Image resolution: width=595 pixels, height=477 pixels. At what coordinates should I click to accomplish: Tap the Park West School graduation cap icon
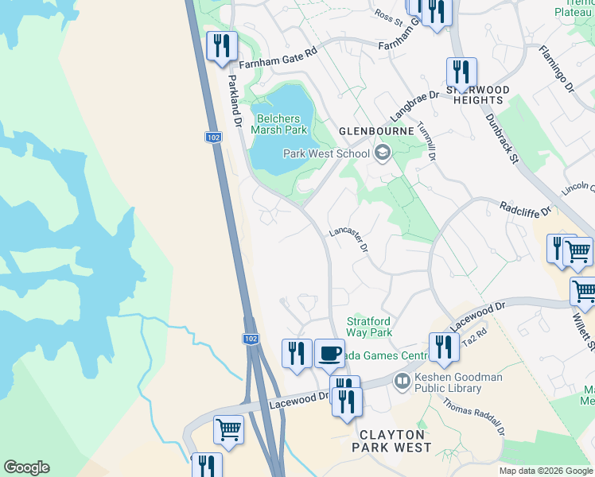coord(382,153)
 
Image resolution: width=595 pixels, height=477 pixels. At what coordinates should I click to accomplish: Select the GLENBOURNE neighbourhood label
coord(376,130)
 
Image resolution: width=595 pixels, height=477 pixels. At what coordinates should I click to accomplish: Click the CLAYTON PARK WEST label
coord(395,441)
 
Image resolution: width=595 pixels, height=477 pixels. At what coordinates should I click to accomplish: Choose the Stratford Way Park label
coord(369,327)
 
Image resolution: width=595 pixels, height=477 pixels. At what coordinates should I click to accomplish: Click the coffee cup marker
coord(329,352)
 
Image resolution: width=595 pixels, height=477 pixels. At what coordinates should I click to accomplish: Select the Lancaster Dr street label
coord(349,238)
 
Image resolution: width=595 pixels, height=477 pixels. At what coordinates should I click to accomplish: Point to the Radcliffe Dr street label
coord(526,209)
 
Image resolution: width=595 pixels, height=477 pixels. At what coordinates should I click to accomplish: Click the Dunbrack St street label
coord(502,138)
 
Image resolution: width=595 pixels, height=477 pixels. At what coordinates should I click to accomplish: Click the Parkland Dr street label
coord(234,101)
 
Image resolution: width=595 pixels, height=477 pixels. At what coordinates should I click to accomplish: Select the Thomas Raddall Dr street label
coord(475,416)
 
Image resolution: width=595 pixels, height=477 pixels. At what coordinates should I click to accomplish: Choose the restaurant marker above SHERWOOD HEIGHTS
coord(461,72)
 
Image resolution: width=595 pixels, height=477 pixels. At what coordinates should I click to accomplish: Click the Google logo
coord(26,467)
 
